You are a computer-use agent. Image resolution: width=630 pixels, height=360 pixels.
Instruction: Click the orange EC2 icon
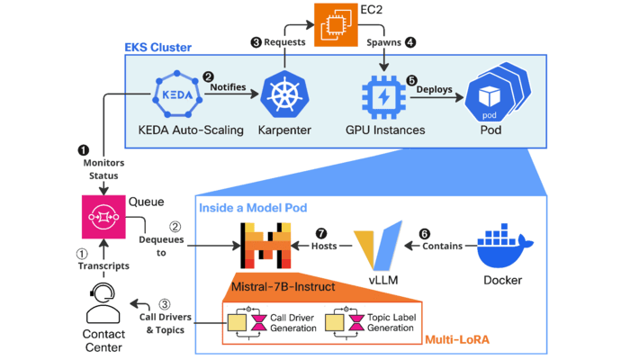tap(331, 21)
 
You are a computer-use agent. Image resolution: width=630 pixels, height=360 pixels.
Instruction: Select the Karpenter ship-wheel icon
tap(283, 93)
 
